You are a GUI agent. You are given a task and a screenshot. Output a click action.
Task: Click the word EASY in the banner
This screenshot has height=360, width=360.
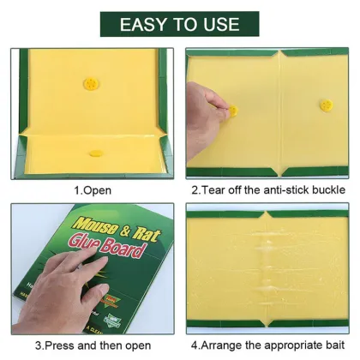click(x=146, y=23)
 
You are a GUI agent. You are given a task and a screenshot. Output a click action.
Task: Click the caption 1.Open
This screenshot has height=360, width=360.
click(x=92, y=189)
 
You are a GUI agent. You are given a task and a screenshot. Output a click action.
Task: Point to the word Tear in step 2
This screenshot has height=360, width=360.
click(x=214, y=189)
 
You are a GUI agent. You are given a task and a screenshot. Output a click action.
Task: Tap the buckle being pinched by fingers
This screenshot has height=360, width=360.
click(x=231, y=110)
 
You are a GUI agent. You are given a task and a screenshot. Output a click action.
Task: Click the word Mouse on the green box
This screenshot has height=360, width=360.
click(x=104, y=230)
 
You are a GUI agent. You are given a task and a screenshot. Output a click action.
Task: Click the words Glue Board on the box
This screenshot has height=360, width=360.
click(x=122, y=250)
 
